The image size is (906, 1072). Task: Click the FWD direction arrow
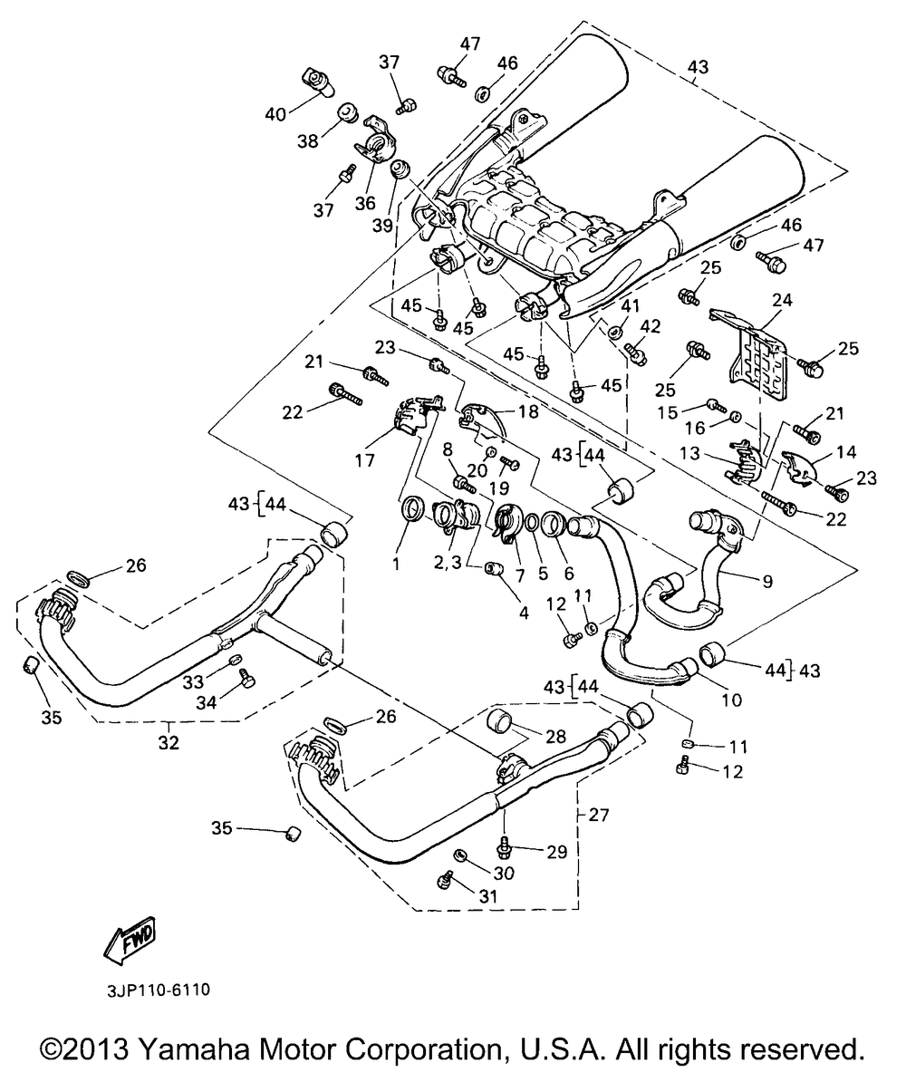(130, 942)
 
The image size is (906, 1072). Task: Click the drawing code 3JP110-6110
(158, 990)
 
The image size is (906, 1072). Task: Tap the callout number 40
(275, 114)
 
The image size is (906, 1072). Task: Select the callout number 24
(782, 299)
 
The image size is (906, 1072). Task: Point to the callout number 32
(169, 742)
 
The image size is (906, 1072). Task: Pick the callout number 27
(598, 815)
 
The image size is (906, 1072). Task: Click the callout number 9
(767, 581)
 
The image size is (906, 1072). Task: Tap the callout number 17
(364, 460)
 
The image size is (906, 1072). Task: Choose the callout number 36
(365, 203)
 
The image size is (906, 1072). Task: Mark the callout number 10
(731, 700)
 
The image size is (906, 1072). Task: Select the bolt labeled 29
(505, 847)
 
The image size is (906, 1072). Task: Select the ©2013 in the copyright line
(84, 1048)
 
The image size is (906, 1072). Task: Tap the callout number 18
(528, 411)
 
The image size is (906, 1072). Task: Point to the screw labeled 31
(446, 881)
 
